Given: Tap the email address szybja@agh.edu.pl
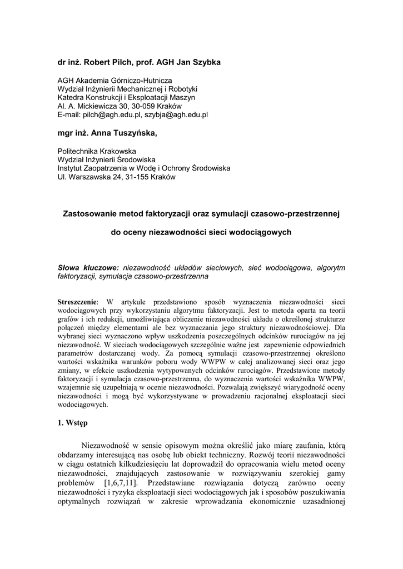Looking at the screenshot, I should (176, 114).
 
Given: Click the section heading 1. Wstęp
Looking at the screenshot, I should (73, 423).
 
